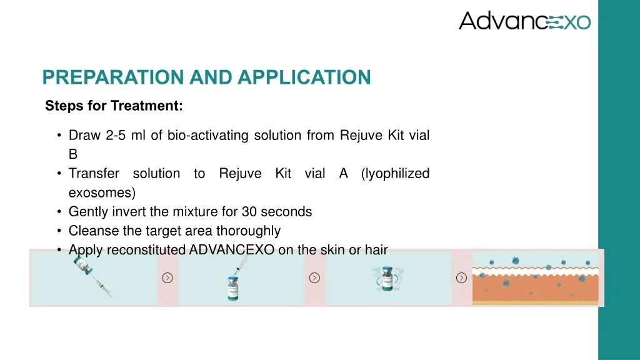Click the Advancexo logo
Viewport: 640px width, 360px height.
(524, 21)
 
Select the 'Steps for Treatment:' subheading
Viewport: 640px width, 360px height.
(114, 106)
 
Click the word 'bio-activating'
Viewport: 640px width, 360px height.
(209, 135)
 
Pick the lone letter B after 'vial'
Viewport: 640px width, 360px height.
(73, 154)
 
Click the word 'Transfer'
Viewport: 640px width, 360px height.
(94, 173)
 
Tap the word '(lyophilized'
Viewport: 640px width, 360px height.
(395, 173)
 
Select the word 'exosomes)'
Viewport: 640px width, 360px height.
(102, 192)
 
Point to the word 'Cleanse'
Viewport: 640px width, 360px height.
(91, 231)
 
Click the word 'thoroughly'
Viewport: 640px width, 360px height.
(248, 231)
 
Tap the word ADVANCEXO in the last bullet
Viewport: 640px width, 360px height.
(232, 250)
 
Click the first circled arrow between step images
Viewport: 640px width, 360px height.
(167, 277)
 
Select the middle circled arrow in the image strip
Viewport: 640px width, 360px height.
(314, 277)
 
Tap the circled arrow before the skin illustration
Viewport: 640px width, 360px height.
(461, 277)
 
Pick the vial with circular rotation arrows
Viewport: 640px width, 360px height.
(387, 277)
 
